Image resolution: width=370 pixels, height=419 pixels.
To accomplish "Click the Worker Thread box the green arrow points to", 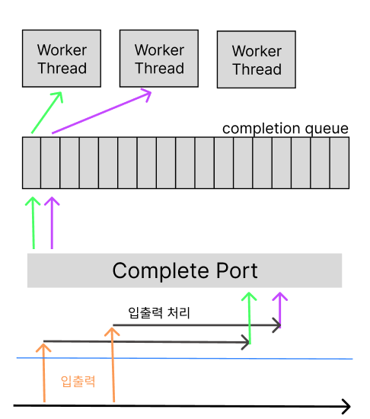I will pyautogui.click(x=62, y=59).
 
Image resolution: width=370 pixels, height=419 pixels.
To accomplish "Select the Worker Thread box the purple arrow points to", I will pyautogui.click(x=159, y=59).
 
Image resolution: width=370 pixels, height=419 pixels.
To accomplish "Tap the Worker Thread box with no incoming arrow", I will pyautogui.click(x=257, y=60).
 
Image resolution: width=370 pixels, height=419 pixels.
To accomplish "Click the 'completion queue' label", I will pyautogui.click(x=285, y=128).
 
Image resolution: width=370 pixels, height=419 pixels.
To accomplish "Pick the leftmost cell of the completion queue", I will pyautogui.click(x=31, y=162).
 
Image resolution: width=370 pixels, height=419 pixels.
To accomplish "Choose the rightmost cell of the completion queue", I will pyautogui.click(x=340, y=162).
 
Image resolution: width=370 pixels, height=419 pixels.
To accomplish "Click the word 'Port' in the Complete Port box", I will pyautogui.click(x=234, y=270).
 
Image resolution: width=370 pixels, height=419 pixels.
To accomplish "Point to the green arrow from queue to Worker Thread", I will pyautogui.click(x=45, y=114).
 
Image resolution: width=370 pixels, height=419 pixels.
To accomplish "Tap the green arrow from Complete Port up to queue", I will pyautogui.click(x=33, y=222).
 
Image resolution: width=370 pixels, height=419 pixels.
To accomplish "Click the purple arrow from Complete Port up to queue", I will pyautogui.click(x=51, y=222).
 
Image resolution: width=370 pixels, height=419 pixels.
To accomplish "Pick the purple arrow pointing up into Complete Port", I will pyautogui.click(x=280, y=309).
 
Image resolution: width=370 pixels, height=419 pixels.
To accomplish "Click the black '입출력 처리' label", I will pyautogui.click(x=159, y=312).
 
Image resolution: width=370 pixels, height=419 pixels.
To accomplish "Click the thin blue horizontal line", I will pyautogui.click(x=183, y=358).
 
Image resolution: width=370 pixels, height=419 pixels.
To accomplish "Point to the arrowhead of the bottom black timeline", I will pyautogui.click(x=346, y=406).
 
